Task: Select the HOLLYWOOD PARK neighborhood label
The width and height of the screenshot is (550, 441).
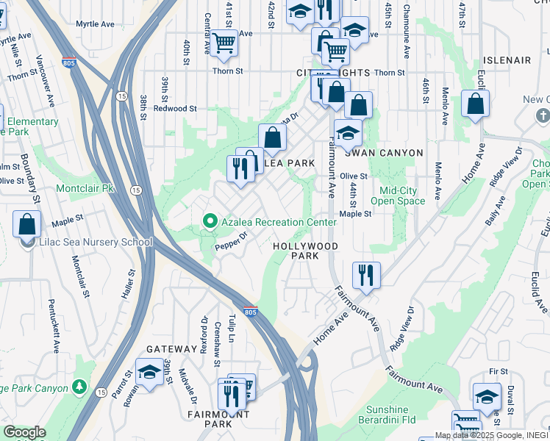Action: tap(305, 251)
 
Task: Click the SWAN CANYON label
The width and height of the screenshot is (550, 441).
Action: tap(385, 153)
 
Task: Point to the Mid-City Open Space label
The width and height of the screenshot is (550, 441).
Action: tap(398, 196)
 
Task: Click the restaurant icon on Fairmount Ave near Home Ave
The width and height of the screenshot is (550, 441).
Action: tap(366, 276)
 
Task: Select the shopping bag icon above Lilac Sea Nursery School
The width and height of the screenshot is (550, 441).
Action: tap(27, 223)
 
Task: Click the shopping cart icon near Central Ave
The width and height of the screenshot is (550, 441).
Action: tap(224, 42)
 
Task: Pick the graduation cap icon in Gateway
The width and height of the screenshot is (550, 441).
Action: tap(150, 372)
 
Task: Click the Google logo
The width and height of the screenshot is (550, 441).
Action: tap(24, 432)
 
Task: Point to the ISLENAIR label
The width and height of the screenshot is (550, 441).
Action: tap(507, 60)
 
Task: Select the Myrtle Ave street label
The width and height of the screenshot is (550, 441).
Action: tap(95, 24)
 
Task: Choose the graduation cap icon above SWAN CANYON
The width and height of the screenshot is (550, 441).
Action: tap(348, 133)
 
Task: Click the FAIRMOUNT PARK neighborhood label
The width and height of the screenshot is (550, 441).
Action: tap(218, 419)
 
